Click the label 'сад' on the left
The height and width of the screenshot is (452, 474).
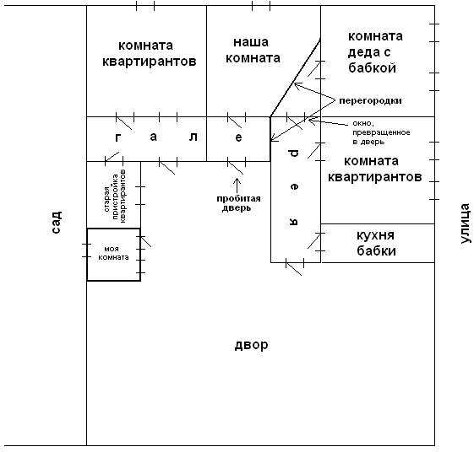pyautogui.click(x=57, y=222)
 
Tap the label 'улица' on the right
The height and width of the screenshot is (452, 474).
pyautogui.click(x=466, y=223)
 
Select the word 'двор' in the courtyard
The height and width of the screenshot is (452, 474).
pyautogui.click(x=251, y=345)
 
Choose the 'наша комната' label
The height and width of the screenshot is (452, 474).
pyautogui.click(x=253, y=50)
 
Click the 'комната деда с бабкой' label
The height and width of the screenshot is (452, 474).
pyautogui.click(x=375, y=52)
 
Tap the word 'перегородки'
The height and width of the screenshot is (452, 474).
pyautogui.click(x=370, y=101)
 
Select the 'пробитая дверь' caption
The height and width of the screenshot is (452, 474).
pyautogui.click(x=238, y=203)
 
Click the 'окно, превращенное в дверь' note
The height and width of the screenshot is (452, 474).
pyautogui.click(x=381, y=132)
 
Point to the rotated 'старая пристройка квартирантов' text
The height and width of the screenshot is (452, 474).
pyautogui.click(x=115, y=196)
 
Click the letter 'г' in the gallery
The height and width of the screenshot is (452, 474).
pyautogui.click(x=118, y=137)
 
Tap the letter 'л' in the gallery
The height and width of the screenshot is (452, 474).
pyautogui.click(x=193, y=137)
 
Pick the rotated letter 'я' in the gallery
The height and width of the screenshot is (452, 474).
pyautogui.click(x=294, y=222)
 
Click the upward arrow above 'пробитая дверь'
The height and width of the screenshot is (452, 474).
pyautogui.click(x=237, y=186)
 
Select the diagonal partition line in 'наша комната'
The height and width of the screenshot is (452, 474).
pyautogui.click(x=296, y=78)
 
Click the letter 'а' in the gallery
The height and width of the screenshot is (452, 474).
pyautogui.click(x=154, y=137)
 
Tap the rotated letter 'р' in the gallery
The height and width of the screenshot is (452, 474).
pyautogui.click(x=294, y=153)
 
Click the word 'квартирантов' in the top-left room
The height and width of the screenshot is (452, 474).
pyautogui.click(x=150, y=62)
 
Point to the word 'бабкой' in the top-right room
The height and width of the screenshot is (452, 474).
pyautogui.click(x=372, y=68)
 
